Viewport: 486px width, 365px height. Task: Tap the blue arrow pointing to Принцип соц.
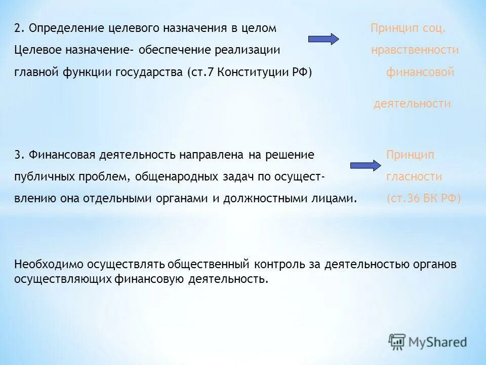(323, 39)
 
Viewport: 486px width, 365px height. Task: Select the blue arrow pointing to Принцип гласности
(365, 165)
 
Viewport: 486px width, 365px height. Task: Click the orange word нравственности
(415, 50)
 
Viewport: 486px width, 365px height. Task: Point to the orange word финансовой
(420, 72)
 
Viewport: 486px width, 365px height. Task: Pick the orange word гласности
(414, 177)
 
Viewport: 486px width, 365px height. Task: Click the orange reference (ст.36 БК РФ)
(423, 199)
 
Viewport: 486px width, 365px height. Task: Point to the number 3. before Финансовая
(19, 155)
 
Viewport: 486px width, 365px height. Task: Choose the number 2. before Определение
(19, 28)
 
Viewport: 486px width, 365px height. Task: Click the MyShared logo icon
(397, 342)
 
